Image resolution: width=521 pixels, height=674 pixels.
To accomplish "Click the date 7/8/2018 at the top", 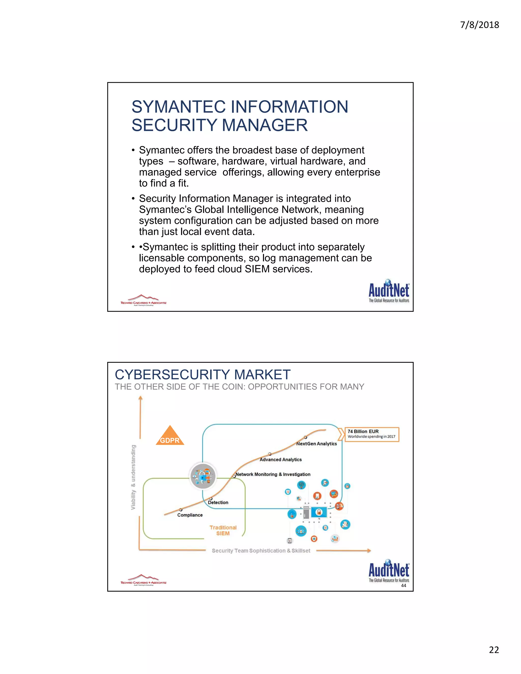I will [479, 25].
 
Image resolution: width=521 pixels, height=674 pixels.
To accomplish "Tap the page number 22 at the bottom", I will [494, 650].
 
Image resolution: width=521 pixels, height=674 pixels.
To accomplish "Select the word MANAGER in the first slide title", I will [265, 125].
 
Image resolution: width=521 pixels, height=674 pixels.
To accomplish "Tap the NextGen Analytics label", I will [316, 444].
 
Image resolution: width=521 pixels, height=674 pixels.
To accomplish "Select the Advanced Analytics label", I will [281, 460].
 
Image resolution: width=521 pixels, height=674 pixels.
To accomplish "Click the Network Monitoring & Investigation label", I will [273, 474].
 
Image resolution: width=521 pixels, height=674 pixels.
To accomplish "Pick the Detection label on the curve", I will [218, 502].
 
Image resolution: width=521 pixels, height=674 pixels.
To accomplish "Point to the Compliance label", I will [190, 515].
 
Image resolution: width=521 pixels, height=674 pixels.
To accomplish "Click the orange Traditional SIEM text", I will [223, 531].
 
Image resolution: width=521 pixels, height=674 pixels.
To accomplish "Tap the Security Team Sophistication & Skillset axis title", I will [261, 551].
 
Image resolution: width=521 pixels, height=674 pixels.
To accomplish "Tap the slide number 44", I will [403, 585].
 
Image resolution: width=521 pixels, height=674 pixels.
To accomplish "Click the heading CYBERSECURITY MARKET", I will [202, 375].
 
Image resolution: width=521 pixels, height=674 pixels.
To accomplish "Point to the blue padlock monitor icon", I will [319, 512].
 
